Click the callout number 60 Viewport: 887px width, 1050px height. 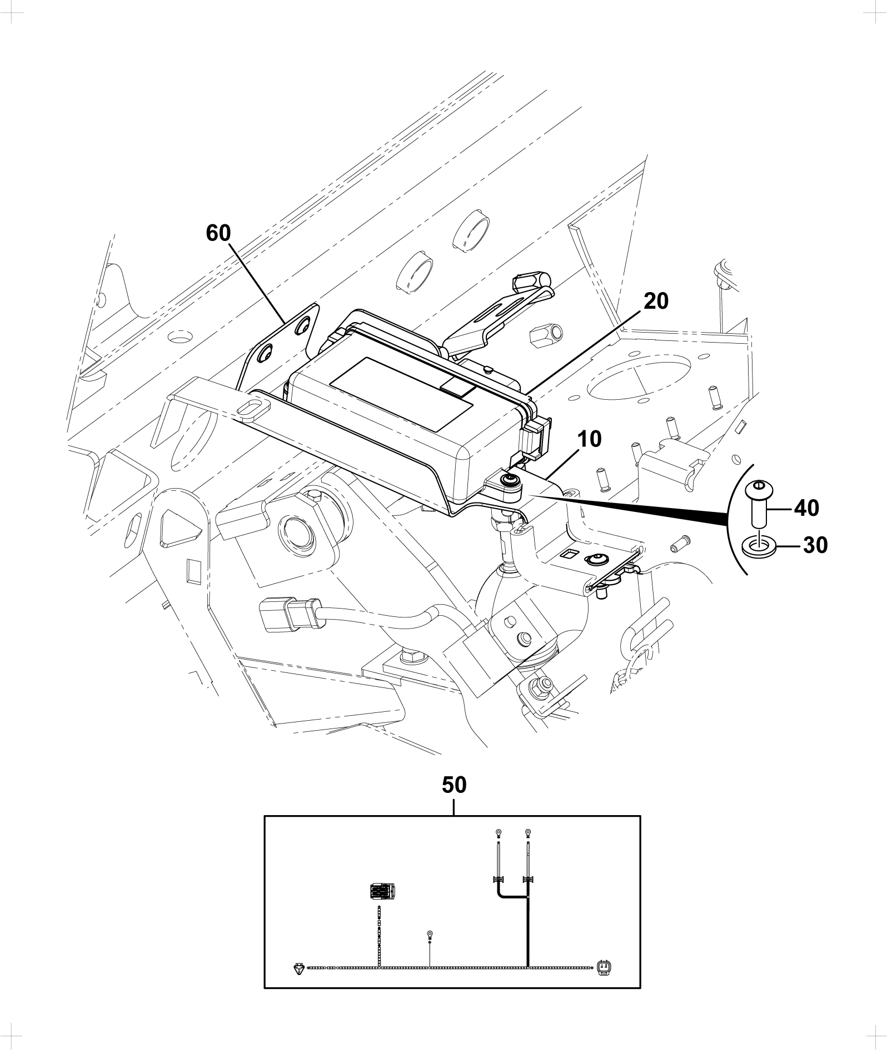(218, 233)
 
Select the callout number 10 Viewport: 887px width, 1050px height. (589, 439)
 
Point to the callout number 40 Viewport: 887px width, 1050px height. (806, 508)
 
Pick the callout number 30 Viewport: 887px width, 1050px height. (815, 546)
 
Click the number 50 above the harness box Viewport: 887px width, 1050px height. (454, 785)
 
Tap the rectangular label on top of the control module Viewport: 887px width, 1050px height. (401, 395)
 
